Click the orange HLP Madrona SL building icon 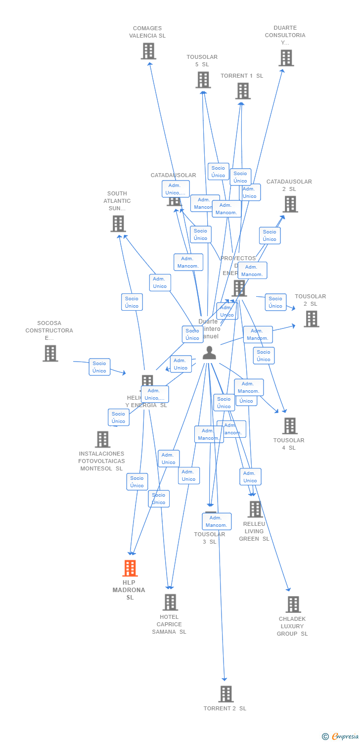click(130, 568)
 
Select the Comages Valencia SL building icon click(148, 51)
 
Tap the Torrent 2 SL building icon click(226, 694)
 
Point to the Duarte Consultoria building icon click(286, 58)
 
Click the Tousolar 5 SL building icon click(203, 80)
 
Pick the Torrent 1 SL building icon click(243, 91)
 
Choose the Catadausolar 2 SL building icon click(290, 204)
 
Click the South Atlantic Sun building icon click(118, 224)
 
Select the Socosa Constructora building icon click(50, 353)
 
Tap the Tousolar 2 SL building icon click(312, 319)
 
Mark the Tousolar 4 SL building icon click(290, 425)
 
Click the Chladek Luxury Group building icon click(293, 604)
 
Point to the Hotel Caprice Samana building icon click(171, 602)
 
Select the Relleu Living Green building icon click(255, 509)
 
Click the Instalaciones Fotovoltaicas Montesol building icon click(102, 439)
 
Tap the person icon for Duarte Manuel click(210, 353)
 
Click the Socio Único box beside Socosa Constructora click(99, 367)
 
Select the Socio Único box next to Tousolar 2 click(275, 302)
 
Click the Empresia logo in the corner click(341, 736)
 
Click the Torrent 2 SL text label click(225, 708)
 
